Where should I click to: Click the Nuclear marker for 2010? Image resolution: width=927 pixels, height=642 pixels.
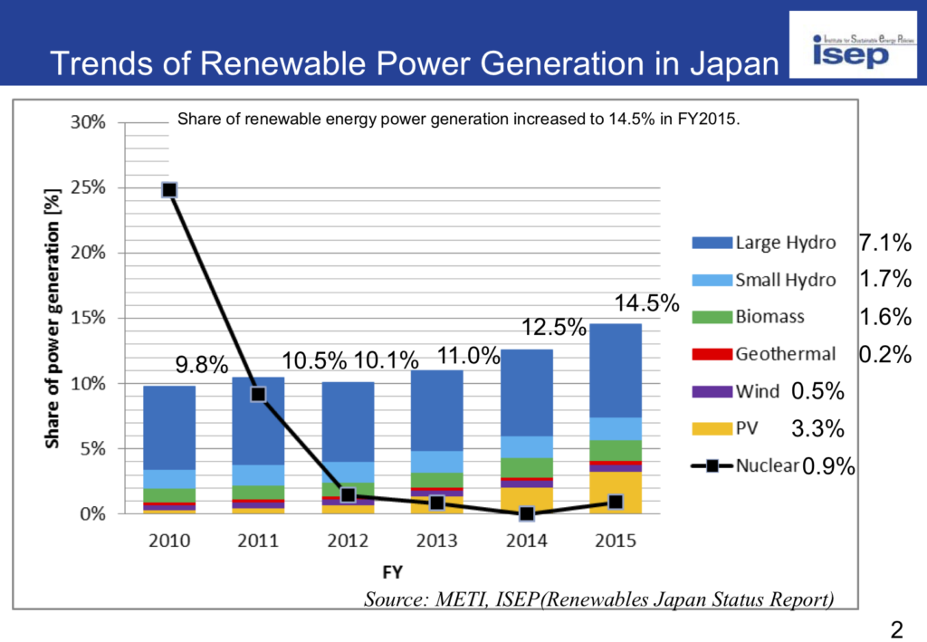coord(169,189)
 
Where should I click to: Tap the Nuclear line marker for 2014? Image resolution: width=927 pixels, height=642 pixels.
coord(526,513)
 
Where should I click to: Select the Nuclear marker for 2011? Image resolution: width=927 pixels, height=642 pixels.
coord(258,394)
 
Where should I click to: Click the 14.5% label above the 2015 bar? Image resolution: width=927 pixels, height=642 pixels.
coord(646,304)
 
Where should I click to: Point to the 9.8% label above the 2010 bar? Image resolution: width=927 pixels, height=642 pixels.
coord(201,365)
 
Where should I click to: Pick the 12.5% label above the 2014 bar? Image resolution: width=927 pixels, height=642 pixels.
coord(553,328)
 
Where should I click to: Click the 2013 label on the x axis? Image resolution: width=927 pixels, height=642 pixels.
coord(437,541)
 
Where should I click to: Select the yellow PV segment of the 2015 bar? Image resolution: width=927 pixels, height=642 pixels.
coord(616,493)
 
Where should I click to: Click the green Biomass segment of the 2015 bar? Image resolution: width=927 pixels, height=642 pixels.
coord(616,450)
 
